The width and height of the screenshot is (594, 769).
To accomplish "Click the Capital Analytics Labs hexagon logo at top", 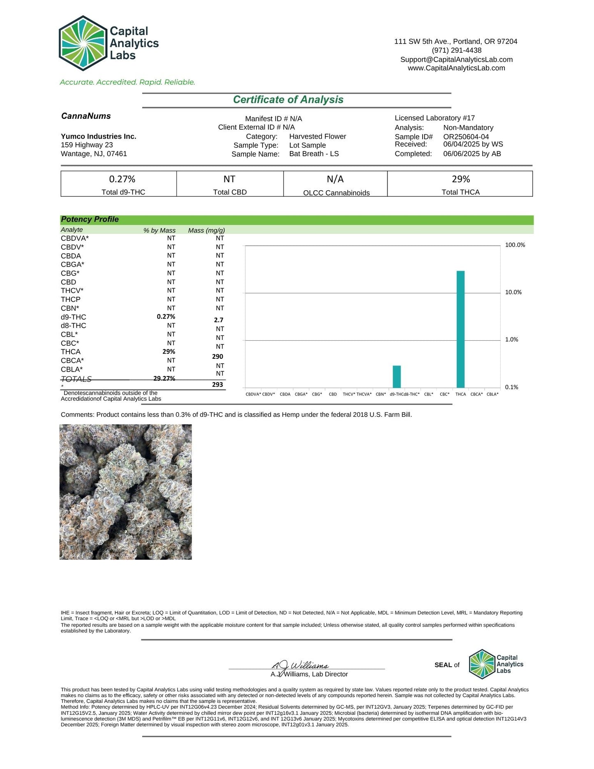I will tap(83, 43).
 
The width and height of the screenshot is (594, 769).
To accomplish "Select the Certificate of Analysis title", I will tap(288, 100).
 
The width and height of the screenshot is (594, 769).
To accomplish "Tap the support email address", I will tap(456, 60).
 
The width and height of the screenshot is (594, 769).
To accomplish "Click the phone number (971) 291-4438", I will tap(456, 51).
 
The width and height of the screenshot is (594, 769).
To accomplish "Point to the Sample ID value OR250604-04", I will tap(466, 137).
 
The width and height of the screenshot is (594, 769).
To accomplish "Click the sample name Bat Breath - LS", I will tap(314, 154).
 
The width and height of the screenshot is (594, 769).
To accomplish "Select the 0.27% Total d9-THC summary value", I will tap(122, 179).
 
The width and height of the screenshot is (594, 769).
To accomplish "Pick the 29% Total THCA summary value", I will tap(460, 179).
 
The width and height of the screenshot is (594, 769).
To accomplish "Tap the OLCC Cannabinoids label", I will tap(336, 193).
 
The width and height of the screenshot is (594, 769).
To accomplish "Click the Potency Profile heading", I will tap(90, 219).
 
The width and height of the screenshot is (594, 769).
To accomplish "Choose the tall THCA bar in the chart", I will tap(460, 329).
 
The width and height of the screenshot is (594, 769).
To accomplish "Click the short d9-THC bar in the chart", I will tap(397, 376).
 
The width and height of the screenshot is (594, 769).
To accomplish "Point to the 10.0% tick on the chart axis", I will tap(513, 292).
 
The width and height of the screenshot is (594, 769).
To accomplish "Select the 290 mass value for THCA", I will tap(217, 357).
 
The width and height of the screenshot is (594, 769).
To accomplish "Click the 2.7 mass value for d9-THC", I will tap(218, 320).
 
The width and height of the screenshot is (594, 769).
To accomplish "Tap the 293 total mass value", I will tap(217, 385).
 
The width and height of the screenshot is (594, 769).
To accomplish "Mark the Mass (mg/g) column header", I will tap(206, 231).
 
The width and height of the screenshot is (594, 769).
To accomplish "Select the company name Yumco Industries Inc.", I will tap(98, 136).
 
